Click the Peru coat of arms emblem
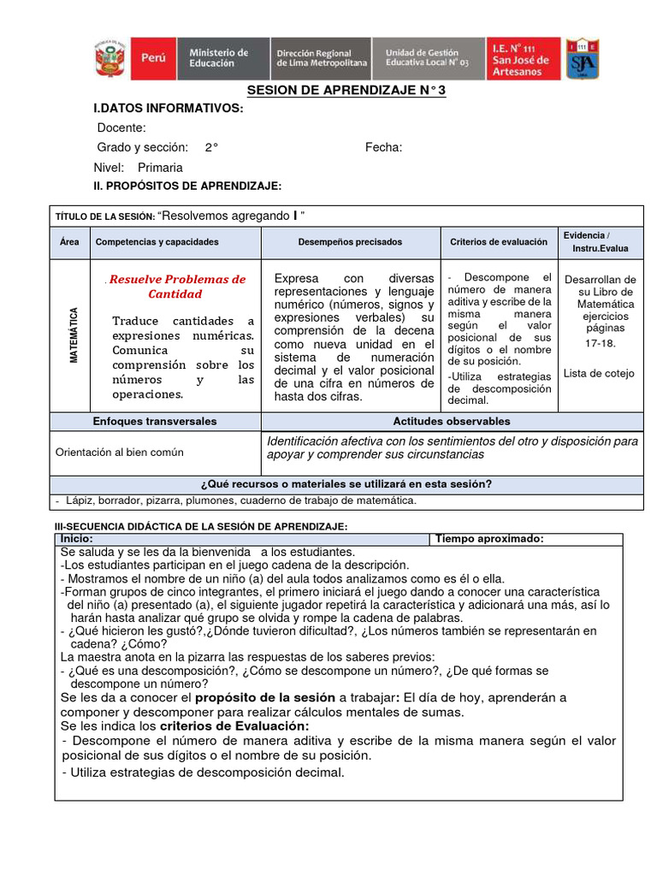tap(109, 58)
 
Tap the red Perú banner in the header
tap(151, 58)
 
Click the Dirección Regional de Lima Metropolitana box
tap(321, 58)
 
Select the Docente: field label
tap(121, 127)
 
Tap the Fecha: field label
tap(383, 147)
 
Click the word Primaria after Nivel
tap(160, 168)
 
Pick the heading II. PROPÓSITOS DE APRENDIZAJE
tap(187, 186)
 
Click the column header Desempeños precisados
tap(350, 242)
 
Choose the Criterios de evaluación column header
tap(499, 242)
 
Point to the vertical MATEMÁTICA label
tap(74, 334)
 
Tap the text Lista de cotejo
tap(599, 373)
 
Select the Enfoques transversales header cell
tap(155, 421)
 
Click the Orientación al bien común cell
tap(119, 452)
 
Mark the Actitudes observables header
tap(452, 421)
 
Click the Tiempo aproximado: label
tap(489, 539)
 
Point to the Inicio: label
tap(77, 539)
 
